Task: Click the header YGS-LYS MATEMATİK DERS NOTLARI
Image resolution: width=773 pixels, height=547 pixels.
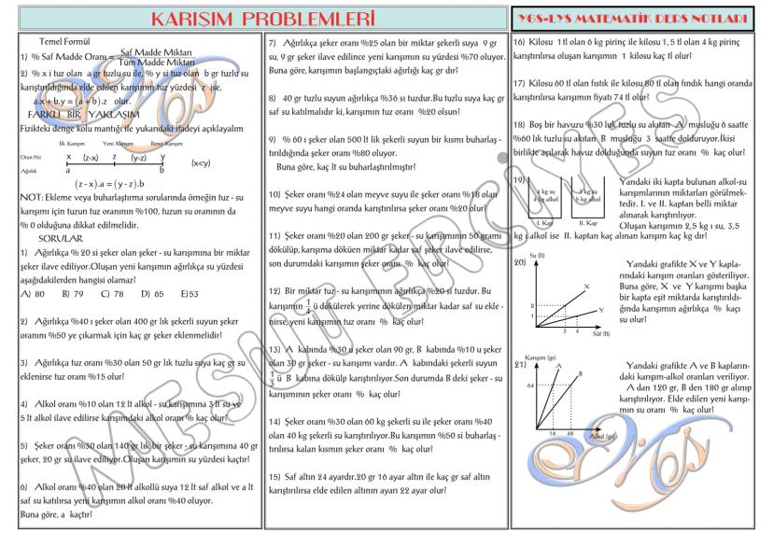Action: tap(642, 19)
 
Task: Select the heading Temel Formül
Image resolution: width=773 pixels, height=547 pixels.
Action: tap(64, 43)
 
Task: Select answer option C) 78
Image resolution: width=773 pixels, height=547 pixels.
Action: tap(112, 293)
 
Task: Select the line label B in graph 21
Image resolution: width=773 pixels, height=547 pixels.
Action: tap(580, 373)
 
